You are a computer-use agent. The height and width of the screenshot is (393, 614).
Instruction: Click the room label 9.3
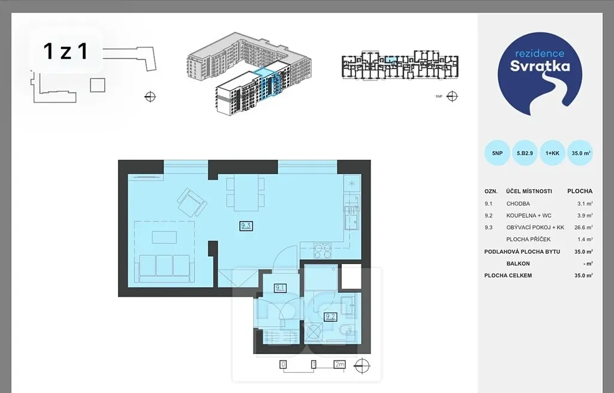[x=246, y=226]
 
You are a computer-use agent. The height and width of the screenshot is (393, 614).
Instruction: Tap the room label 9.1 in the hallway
[x=280, y=288]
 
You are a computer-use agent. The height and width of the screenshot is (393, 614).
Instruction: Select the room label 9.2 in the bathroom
[x=330, y=317]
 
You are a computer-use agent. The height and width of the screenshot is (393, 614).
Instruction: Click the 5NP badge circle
[x=497, y=153]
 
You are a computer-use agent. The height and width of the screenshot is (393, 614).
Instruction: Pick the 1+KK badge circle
[x=552, y=153]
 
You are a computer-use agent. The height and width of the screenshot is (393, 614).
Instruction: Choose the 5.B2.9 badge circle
[x=525, y=153]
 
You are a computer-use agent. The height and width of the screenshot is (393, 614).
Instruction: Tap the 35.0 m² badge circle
[x=580, y=153]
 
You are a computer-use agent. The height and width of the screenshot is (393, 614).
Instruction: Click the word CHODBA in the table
[x=518, y=204]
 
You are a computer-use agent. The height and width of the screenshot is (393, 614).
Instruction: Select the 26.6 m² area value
[x=583, y=227]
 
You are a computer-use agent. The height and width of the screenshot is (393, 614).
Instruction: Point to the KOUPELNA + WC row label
[x=529, y=215]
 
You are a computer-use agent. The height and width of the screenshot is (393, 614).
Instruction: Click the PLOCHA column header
[x=580, y=191]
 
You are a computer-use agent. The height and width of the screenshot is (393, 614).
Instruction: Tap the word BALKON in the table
[x=518, y=263]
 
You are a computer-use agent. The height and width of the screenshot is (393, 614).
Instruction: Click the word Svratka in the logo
[x=540, y=66]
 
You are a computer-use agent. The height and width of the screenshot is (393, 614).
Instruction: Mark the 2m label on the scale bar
[x=340, y=364]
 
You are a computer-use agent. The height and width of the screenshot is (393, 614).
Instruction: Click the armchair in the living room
[x=192, y=202]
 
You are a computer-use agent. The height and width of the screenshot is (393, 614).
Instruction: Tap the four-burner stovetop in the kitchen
[x=323, y=251]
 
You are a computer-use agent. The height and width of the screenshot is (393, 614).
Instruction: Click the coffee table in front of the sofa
[x=164, y=238]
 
